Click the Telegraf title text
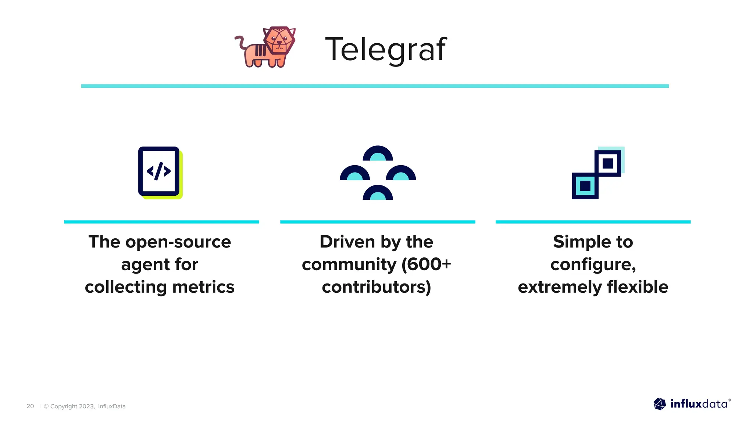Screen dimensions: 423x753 [x=386, y=49]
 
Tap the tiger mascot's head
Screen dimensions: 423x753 [x=279, y=41]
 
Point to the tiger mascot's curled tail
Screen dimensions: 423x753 [x=241, y=42]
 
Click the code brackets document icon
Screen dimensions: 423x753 [x=159, y=171]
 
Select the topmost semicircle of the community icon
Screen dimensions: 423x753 [x=378, y=154]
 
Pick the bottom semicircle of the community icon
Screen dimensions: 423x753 [x=378, y=193]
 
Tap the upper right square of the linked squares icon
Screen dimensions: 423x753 [x=608, y=163]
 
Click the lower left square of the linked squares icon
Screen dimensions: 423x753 [x=585, y=186]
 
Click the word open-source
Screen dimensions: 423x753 [x=178, y=242]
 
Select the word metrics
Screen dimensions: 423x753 [x=203, y=287]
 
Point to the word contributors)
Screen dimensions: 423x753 [x=376, y=287]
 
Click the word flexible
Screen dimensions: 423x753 [x=638, y=287]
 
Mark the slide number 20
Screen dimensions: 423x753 [x=30, y=406]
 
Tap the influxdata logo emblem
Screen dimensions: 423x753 [x=660, y=404]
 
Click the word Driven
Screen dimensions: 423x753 [x=347, y=242]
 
